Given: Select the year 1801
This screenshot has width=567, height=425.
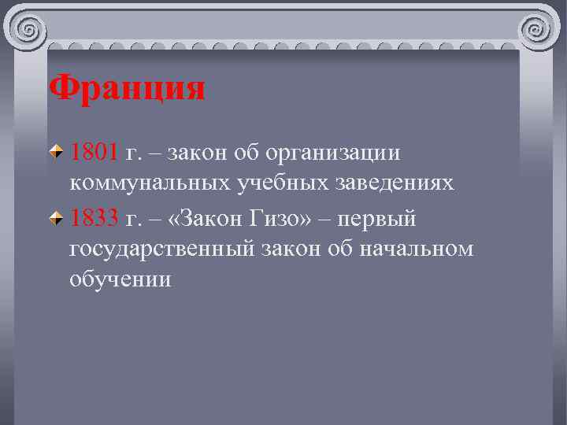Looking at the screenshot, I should click(94, 151).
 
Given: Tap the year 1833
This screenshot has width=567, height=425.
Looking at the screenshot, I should click(94, 217).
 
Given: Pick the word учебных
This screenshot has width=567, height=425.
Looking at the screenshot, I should click(287, 183).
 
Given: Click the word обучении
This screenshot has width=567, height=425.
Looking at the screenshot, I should click(120, 281).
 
